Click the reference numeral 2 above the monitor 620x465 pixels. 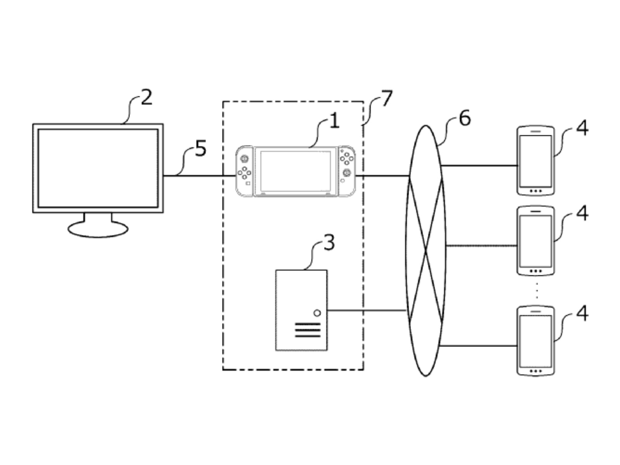pyautogui.click(x=146, y=98)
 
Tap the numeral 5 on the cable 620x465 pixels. pyautogui.click(x=200, y=148)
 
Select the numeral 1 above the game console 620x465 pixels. pyautogui.click(x=334, y=121)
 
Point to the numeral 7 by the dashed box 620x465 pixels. pyautogui.click(x=387, y=98)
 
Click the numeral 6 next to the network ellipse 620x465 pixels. pyautogui.click(x=465, y=118)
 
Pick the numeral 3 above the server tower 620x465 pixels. pyautogui.click(x=329, y=243)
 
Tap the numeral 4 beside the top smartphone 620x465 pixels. pyautogui.click(x=582, y=128)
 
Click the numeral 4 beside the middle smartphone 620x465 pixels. pyautogui.click(x=582, y=213)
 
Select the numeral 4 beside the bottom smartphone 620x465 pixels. pyautogui.click(x=582, y=313)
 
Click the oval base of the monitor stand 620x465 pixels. pyautogui.click(x=98, y=229)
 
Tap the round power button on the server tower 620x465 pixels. pyautogui.click(x=317, y=313)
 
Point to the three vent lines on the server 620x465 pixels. pyautogui.click(x=308, y=330)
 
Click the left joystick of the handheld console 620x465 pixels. pyautogui.click(x=245, y=158)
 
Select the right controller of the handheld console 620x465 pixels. pyautogui.click(x=347, y=170)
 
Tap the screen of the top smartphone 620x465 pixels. pyautogui.click(x=536, y=160)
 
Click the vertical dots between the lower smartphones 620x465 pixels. pyautogui.click(x=537, y=291)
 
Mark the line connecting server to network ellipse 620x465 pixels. pyautogui.click(x=366, y=310)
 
